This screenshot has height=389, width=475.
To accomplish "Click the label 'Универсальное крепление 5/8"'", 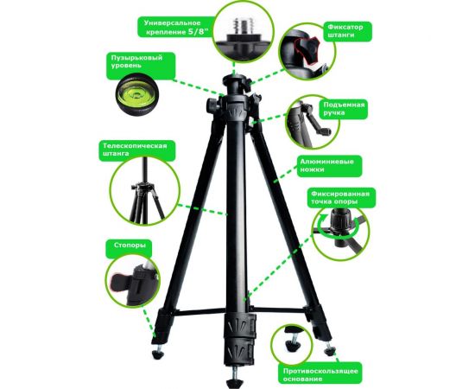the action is click(176, 28).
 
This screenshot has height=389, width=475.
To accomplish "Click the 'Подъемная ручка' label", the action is click(343, 109).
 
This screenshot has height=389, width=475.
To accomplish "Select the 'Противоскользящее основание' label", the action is click(320, 374).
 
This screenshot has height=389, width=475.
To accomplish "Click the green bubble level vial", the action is click(136, 94).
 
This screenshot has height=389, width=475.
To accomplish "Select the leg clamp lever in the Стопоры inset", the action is click(121, 283).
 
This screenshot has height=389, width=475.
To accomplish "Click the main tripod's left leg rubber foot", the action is click(158, 354).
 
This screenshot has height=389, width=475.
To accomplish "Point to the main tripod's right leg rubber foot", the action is click(329, 351).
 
